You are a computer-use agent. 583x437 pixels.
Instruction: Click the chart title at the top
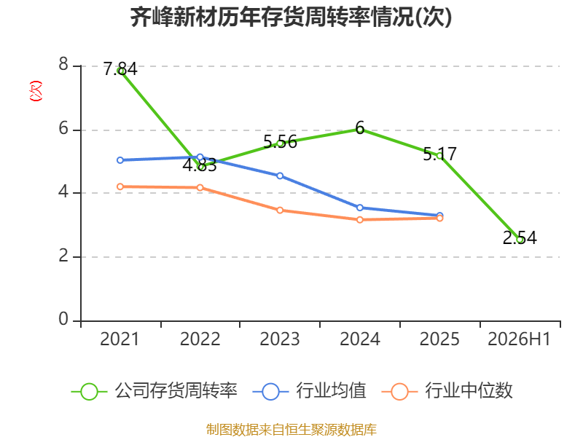click(291, 17)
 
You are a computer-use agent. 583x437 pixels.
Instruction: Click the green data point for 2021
click(120, 71)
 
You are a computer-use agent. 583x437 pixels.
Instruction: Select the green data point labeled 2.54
click(520, 240)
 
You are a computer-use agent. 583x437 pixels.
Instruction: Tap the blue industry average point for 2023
click(280, 176)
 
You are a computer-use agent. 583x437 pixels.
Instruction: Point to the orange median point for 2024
click(360, 220)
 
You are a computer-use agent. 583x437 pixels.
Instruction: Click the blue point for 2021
click(120, 160)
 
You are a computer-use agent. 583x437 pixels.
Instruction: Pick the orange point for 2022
click(200, 188)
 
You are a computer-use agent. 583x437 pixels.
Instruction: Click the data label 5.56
click(280, 141)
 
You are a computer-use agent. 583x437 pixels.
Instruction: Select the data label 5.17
click(440, 154)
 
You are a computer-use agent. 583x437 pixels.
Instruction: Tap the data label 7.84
click(120, 69)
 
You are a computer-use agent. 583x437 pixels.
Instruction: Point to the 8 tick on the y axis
click(63, 65)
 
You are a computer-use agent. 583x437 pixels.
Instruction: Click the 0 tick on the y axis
click(63, 319)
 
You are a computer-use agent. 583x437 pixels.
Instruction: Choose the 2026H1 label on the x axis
click(519, 339)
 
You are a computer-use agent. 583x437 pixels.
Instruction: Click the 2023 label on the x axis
click(280, 339)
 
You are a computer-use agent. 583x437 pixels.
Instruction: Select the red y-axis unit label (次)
click(36, 91)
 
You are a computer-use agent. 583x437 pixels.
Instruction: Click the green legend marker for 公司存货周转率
click(89, 392)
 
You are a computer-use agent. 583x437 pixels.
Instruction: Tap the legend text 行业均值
click(331, 390)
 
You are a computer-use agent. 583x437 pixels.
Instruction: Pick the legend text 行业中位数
click(469, 390)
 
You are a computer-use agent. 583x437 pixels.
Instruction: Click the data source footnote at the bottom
click(291, 430)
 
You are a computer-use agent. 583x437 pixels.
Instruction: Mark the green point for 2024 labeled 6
click(360, 129)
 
